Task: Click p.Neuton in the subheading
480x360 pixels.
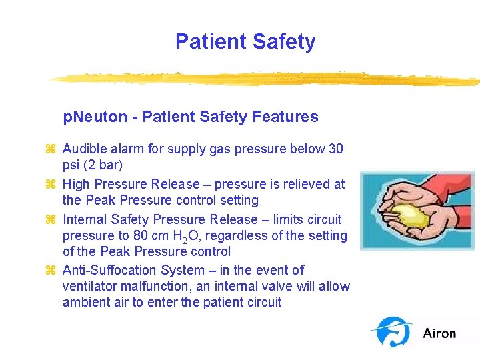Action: [x=95, y=117]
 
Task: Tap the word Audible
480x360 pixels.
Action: [x=85, y=149]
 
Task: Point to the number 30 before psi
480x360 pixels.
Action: [x=336, y=149]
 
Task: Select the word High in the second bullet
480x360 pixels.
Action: [x=76, y=184]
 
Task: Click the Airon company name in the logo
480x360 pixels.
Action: [x=439, y=333]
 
